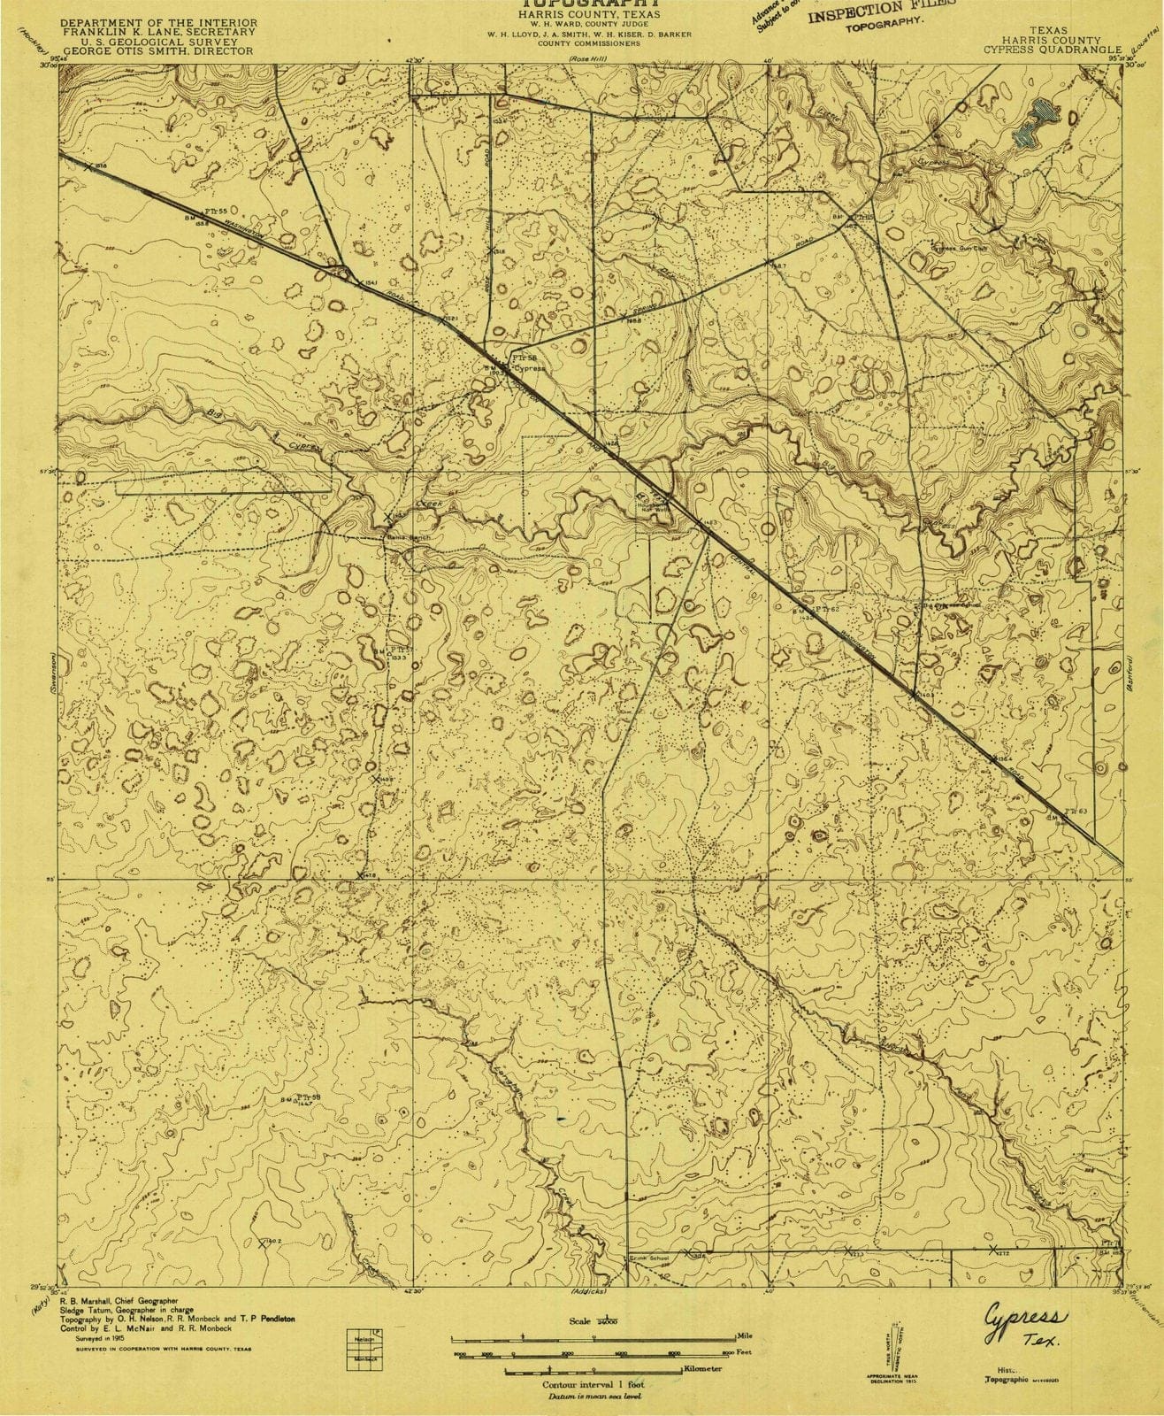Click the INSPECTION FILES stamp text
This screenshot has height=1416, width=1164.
(881, 13)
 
